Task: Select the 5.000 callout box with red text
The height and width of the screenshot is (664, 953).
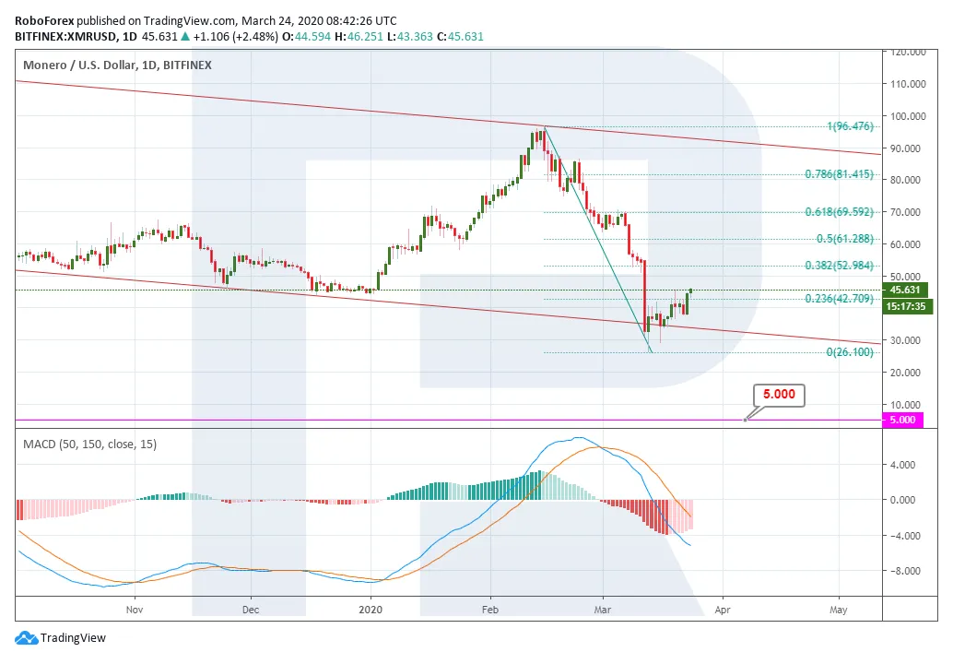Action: pyautogui.click(x=780, y=396)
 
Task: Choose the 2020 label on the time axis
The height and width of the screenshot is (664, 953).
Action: pyautogui.click(x=371, y=610)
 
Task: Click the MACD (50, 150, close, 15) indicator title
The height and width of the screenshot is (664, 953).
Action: pyautogui.click(x=90, y=445)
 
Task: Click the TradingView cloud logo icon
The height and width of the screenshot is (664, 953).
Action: pyautogui.click(x=26, y=637)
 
